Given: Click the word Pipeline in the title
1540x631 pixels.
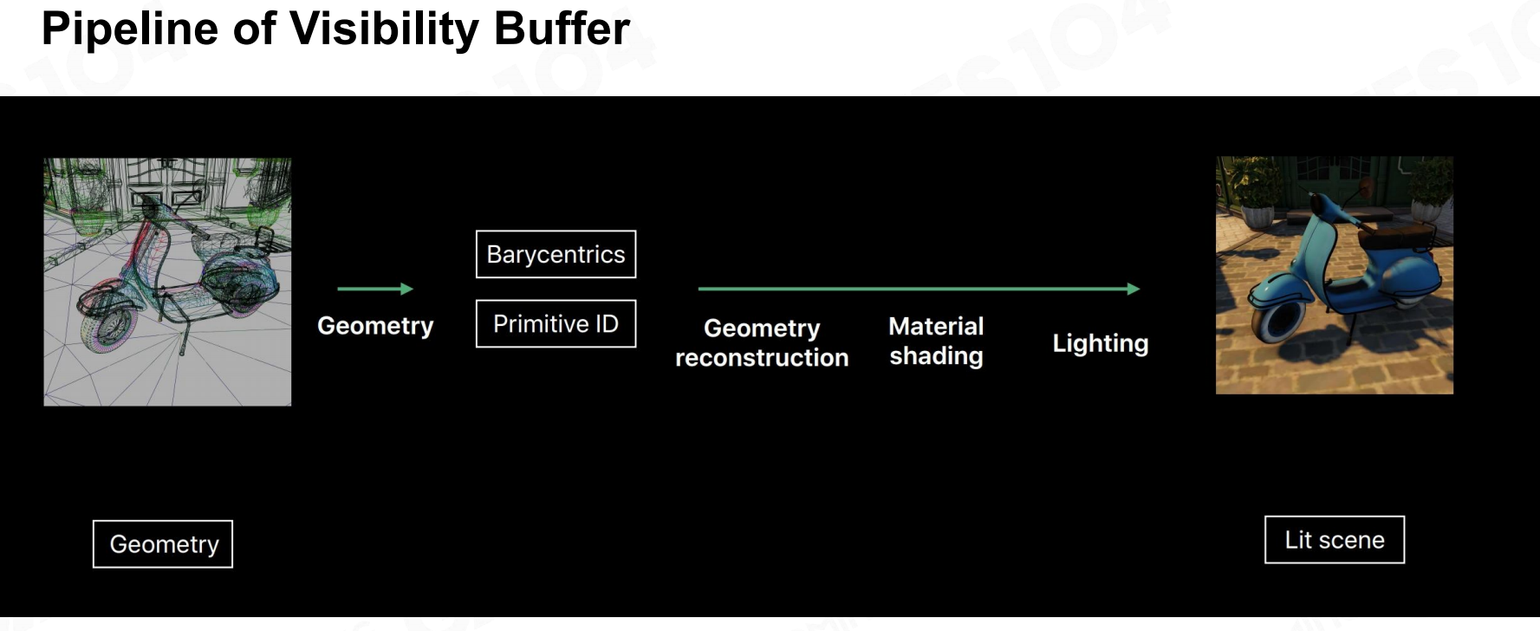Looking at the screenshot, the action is click(x=130, y=30).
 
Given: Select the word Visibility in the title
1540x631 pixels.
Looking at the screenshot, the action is click(x=384, y=30).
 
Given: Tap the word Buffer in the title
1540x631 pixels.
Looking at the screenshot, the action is click(x=562, y=29).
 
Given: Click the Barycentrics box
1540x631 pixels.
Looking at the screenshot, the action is click(x=556, y=254).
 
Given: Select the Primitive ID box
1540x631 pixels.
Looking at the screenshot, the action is click(x=556, y=323).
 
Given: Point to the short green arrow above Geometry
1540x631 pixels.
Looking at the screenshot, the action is click(x=375, y=289).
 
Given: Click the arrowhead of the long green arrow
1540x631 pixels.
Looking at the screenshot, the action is click(x=1134, y=289).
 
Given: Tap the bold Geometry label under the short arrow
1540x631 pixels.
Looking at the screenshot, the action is click(x=375, y=326).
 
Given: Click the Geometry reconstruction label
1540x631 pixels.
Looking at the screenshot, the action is click(x=762, y=342).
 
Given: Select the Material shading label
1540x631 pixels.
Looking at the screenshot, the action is click(x=936, y=341).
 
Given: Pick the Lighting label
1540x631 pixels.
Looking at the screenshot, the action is click(x=1101, y=343).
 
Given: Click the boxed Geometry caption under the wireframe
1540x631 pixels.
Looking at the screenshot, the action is click(x=163, y=544).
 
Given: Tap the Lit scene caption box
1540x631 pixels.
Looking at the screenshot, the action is click(x=1335, y=540).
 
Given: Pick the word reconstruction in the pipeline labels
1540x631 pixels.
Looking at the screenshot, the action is click(x=762, y=358).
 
